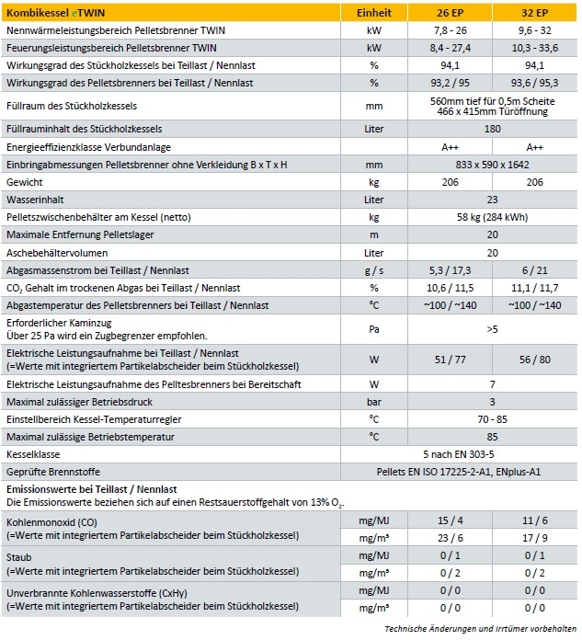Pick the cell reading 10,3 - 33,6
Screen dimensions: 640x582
click(x=535, y=45)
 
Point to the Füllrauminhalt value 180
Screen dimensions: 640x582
click(x=493, y=129)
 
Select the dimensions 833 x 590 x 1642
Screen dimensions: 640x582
click(x=493, y=165)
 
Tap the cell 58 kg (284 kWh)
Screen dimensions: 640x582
click(x=493, y=217)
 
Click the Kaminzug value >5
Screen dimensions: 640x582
click(x=493, y=327)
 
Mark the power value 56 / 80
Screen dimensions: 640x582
click(x=535, y=357)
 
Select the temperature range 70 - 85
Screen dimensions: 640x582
click(x=493, y=419)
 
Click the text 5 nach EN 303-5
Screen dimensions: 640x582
click(x=493, y=454)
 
